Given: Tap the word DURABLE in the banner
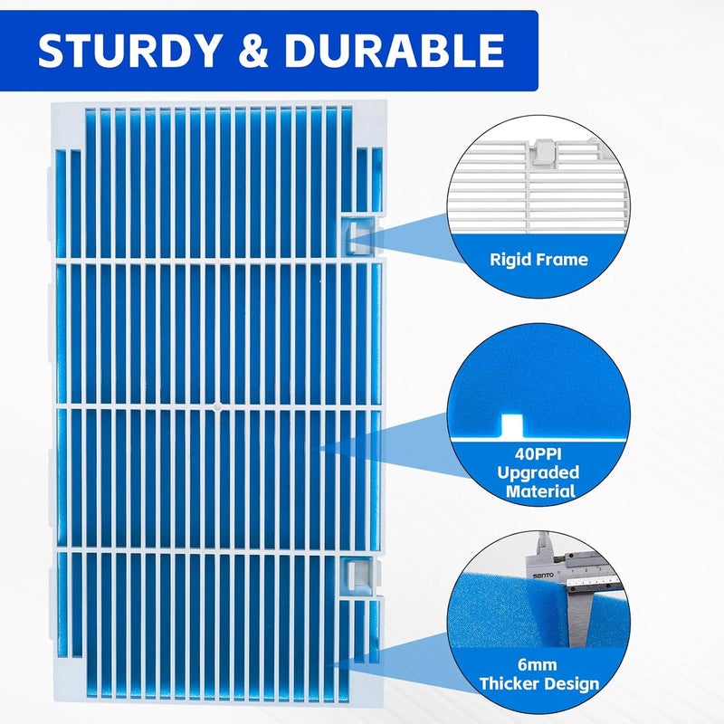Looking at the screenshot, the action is point(395,50).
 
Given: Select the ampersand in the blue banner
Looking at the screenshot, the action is point(252,50).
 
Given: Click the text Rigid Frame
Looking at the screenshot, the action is point(538,260).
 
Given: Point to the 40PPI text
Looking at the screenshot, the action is point(538,453).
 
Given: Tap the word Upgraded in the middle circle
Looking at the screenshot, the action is point(538,472).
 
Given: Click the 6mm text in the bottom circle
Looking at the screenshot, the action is point(537,665).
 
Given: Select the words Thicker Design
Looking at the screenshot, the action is point(538,684).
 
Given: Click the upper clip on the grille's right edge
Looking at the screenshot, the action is point(358,236).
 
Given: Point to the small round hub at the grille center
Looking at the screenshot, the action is point(217,406).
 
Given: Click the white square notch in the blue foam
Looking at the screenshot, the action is point(512,425).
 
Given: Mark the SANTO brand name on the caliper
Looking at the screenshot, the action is point(543,576).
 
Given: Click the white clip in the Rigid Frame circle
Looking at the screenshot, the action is point(543,151).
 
